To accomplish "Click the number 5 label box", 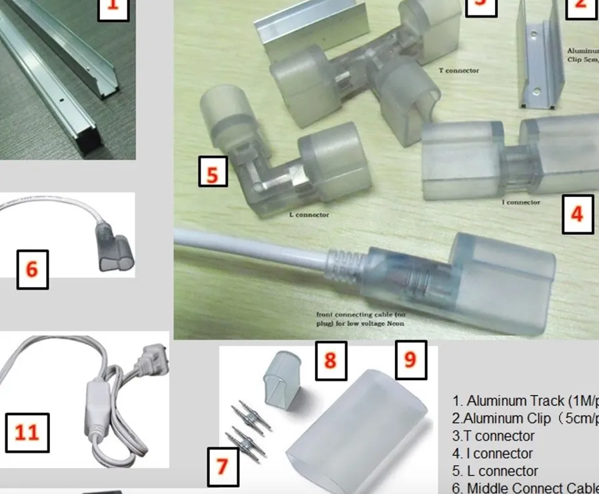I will coord(213,174).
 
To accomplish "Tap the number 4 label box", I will coord(577,214).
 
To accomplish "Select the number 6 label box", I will coord(32,269).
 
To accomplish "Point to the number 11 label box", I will coord(27,432).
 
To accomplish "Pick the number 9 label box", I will coord(410,359).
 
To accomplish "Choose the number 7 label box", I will coord(222,465).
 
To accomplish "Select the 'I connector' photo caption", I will coord(520,202).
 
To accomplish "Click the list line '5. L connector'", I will coord(495,471).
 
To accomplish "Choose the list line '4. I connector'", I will coord(492,453).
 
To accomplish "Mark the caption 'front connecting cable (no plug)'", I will coord(360,318).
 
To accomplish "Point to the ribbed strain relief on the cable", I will coord(344,263).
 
